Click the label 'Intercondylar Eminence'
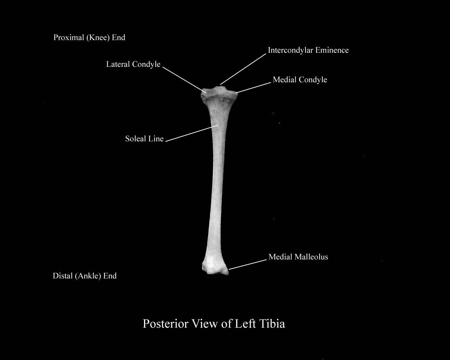308,50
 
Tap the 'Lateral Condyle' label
133,64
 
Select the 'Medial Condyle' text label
300,80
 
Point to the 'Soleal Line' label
144,139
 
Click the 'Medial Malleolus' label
298,257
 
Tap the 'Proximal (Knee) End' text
89,38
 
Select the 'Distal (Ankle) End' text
84,276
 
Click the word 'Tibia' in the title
272,323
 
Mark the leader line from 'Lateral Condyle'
184,80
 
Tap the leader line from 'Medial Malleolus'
247,265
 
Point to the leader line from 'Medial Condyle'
255,88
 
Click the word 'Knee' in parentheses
98,38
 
